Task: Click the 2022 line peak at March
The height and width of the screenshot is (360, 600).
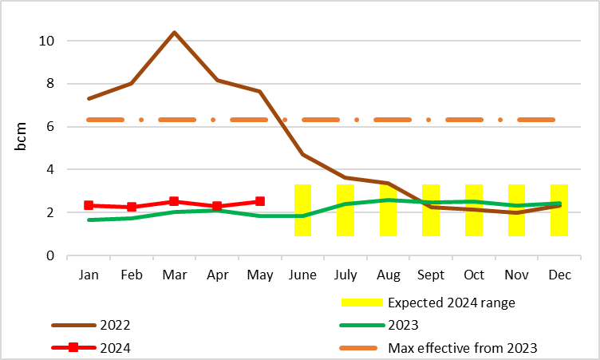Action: click(174, 33)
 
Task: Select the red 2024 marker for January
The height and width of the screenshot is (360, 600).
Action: click(89, 205)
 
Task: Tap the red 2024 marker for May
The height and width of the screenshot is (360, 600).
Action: click(260, 201)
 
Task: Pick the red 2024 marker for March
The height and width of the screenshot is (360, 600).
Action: click(174, 201)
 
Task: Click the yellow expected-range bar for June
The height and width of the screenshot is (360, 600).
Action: click(302, 210)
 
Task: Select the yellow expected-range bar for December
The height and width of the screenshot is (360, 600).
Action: click(559, 210)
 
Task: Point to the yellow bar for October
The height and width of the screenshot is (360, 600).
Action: click(474, 210)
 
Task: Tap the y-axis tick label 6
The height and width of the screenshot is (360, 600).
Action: click(49, 127)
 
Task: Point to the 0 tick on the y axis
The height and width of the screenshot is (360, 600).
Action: click(49, 256)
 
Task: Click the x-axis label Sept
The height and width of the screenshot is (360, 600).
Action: click(431, 275)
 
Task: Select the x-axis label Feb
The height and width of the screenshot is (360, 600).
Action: click(132, 275)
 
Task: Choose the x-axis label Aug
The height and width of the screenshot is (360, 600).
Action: click(388, 275)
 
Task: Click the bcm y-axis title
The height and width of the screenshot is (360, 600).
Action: click(22, 137)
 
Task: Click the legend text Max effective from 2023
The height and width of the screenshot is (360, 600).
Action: click(462, 348)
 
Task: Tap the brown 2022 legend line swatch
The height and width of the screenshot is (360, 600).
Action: click(73, 326)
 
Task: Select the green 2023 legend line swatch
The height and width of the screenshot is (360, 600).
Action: click(361, 326)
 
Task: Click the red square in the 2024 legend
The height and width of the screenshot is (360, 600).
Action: click(73, 348)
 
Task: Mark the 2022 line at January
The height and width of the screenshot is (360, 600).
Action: click(89, 98)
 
